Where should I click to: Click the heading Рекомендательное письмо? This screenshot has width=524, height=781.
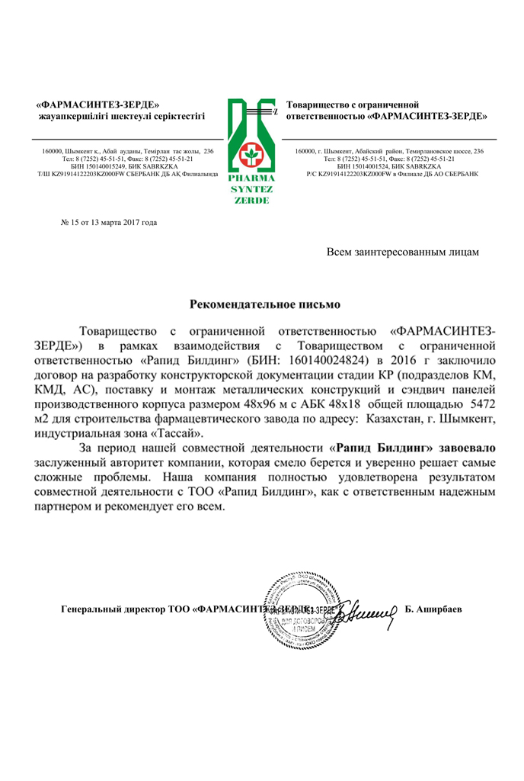pos(264,304)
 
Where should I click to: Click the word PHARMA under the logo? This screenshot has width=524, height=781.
pos(249,178)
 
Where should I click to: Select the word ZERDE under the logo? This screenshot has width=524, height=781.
pos(249,200)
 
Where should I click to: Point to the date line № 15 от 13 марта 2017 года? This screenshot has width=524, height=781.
pos(108,223)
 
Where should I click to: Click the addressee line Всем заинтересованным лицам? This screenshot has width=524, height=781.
pos(403,251)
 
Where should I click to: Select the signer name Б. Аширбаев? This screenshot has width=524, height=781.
pos(435,609)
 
